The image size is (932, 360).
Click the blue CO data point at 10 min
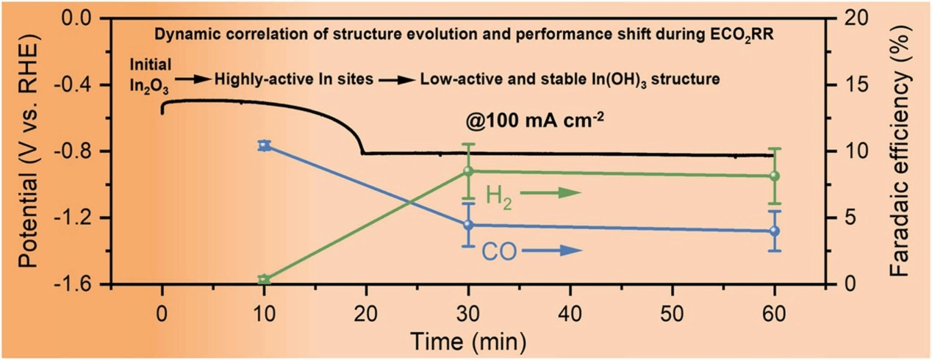pyautogui.click(x=265, y=145)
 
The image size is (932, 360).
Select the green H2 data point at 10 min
pyautogui.click(x=265, y=279)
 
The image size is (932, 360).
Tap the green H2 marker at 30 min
pyautogui.click(x=467, y=171)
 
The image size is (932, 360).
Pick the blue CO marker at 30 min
pyautogui.click(x=467, y=225)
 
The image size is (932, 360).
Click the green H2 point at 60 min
pyautogui.click(x=774, y=176)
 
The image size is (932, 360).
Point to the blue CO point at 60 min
pyautogui.click(x=774, y=231)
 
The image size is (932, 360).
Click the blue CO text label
pyautogui.click(x=498, y=252)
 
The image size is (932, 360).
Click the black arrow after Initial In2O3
pyautogui.click(x=193, y=78)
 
